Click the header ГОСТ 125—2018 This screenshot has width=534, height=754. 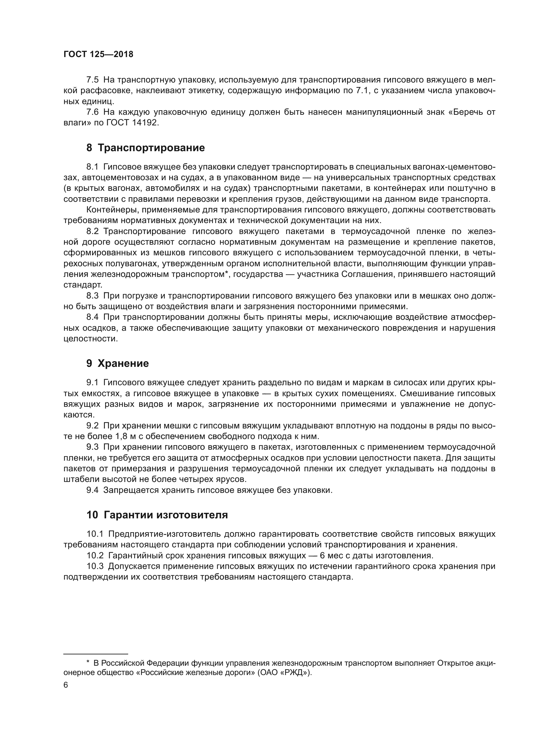tap(98, 54)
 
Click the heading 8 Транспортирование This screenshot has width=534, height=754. tap(145, 148)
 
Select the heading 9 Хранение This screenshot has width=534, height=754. tap(118, 364)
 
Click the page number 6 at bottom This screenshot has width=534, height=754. tap(66, 685)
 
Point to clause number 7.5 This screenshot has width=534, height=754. tap(92, 80)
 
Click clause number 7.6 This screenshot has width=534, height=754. tap(92, 112)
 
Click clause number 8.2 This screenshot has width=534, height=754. tap(92, 231)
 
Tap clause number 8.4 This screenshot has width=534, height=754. tap(92, 317)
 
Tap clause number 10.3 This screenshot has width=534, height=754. tap(95, 566)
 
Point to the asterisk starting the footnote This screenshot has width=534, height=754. tap(88, 662)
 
